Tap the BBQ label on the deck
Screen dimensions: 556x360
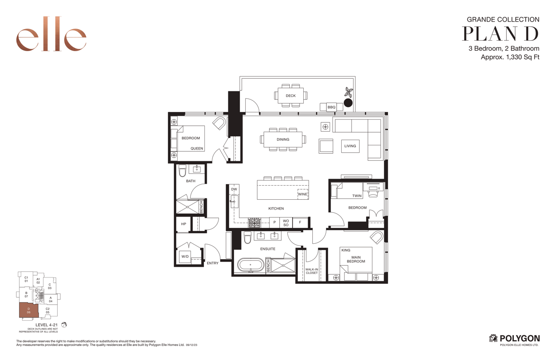pos(331,107)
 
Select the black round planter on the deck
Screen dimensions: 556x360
pos(348,103)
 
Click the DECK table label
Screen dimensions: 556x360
pos(291,96)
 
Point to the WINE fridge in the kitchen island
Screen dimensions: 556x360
pos(302,194)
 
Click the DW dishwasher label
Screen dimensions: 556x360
pos(234,189)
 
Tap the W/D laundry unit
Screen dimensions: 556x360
pos(185,256)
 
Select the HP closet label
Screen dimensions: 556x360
pos(184,224)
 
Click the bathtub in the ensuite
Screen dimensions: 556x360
pos(250,265)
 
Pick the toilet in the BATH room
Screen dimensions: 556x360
pos(182,171)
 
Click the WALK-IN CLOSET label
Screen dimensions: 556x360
pos(312,271)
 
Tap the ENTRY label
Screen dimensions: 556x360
pos(213,263)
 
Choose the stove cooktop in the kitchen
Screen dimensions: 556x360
pos(254,222)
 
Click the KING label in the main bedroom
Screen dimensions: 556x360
pos(346,250)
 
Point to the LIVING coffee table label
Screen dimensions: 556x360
pos(350,146)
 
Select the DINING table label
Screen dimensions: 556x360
pos(283,139)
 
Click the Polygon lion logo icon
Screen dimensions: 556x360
pos(493,338)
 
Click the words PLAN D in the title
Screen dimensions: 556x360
pos(500,33)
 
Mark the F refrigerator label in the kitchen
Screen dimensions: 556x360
pos(300,222)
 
